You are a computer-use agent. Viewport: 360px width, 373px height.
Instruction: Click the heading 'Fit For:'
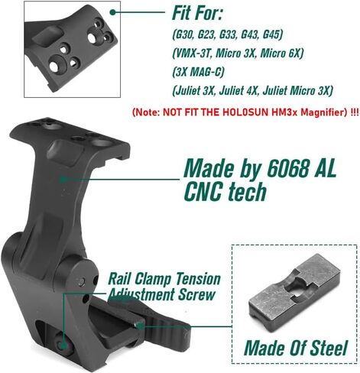[x=197, y=13]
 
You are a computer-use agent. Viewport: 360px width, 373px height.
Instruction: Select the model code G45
[x=271, y=34]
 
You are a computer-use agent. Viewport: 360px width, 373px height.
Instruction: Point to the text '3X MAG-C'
[x=198, y=72]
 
